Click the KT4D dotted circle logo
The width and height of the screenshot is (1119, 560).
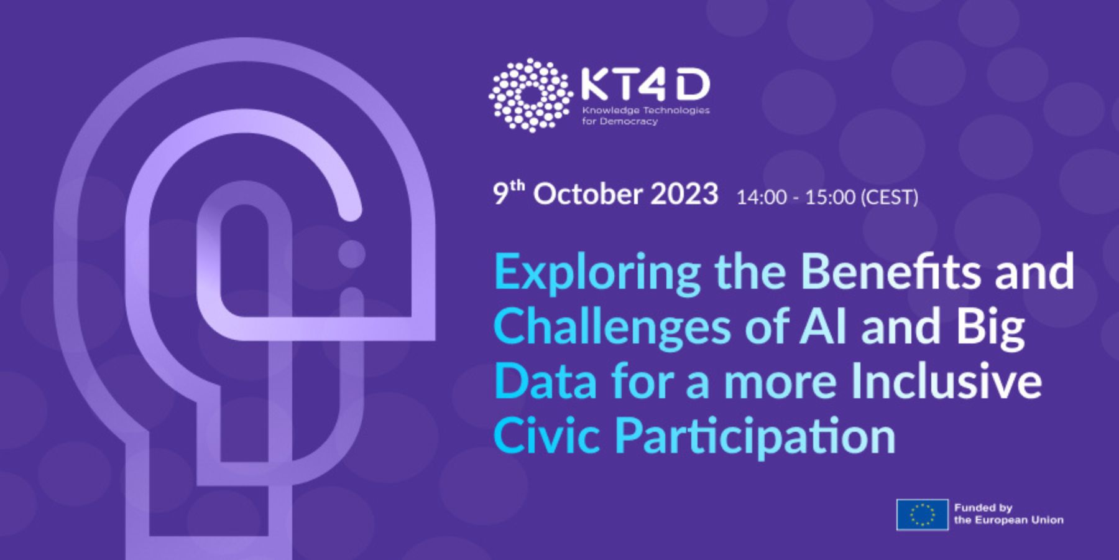tap(530, 95)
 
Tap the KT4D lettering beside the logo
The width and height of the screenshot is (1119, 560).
tap(645, 85)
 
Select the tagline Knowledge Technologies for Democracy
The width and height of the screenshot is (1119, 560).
tap(645, 116)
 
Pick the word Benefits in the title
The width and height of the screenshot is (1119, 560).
tap(891, 271)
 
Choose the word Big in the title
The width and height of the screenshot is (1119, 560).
tap(990, 328)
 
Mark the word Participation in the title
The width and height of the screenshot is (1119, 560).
tap(755, 437)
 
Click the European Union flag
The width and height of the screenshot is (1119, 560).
tap(922, 515)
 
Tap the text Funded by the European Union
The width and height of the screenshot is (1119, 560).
tap(1008, 514)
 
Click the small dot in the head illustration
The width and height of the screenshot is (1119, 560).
tap(351, 254)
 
